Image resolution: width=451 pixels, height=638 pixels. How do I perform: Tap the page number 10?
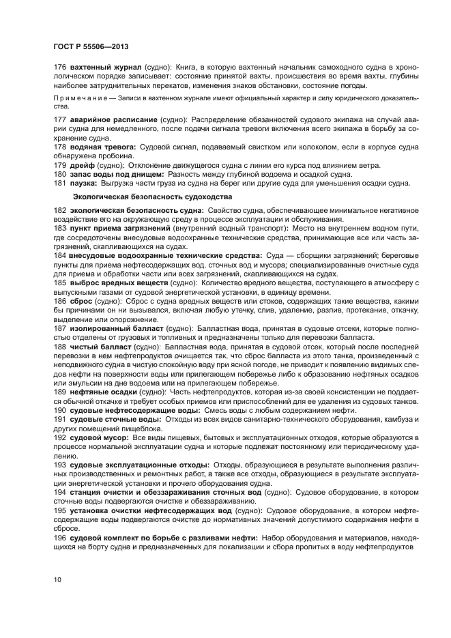coord(58,579)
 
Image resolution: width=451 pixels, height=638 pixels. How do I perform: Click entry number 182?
coord(60,211)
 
